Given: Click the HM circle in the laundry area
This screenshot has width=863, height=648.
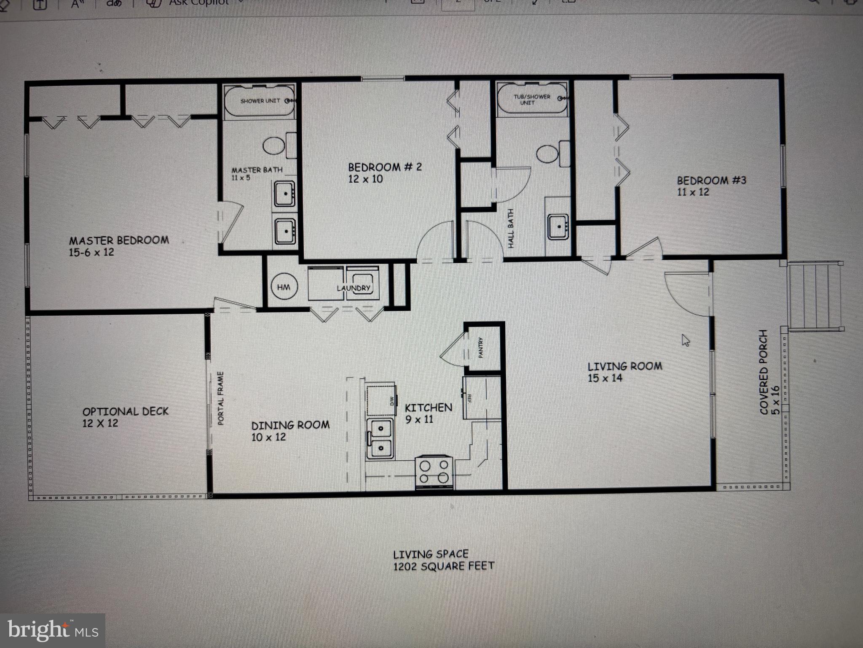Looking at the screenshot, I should (284, 287).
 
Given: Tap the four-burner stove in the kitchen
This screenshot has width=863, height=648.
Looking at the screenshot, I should (434, 472).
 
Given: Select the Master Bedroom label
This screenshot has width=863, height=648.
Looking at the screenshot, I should (119, 240).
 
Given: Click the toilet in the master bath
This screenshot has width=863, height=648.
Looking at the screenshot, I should (274, 146).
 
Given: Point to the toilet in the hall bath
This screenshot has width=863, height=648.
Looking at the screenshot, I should (547, 154).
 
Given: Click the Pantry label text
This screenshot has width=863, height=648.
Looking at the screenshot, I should (480, 348).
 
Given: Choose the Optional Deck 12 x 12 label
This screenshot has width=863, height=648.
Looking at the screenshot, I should (125, 417).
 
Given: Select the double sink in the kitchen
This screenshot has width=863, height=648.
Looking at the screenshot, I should (380, 437).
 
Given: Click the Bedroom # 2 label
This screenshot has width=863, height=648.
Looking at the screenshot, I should (384, 167).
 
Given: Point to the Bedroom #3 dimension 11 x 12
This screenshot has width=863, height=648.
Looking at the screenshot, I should (693, 192).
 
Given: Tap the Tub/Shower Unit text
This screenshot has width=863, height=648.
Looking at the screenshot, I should (531, 100).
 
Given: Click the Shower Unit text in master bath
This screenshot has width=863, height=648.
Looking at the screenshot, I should (260, 101).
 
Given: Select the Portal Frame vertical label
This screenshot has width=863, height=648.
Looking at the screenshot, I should (221, 398).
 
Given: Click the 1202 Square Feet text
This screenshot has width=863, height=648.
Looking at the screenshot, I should (443, 566).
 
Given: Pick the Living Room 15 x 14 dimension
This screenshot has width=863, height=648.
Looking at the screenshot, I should (605, 378).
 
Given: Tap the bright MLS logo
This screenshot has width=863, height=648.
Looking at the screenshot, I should (53, 631).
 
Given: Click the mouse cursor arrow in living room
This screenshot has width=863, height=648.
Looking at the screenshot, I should (686, 340).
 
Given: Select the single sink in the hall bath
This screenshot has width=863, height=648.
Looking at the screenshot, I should (559, 227).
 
